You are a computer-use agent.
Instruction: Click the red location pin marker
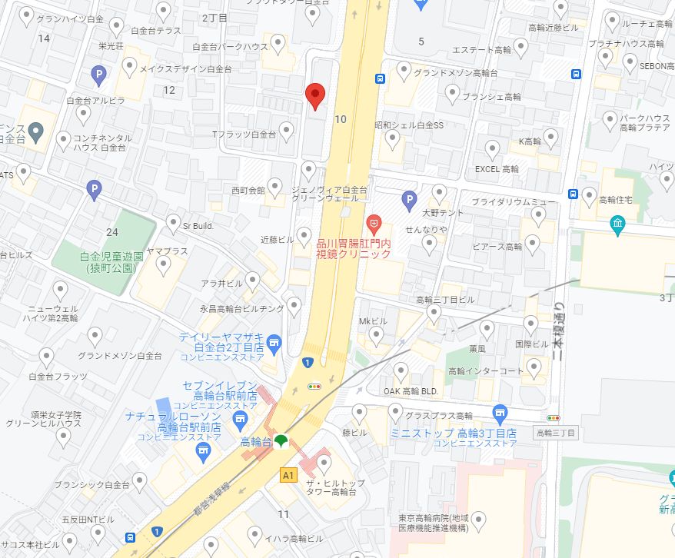(x=314, y=95)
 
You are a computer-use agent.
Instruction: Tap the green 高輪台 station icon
(x=281, y=441)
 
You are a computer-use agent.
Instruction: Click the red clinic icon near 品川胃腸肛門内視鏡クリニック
(x=374, y=225)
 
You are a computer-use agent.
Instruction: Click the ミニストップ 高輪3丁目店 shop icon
(x=500, y=415)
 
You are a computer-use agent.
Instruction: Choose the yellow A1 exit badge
(x=289, y=474)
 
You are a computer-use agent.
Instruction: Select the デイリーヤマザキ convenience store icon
(x=274, y=341)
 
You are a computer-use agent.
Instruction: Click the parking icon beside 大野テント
(x=410, y=201)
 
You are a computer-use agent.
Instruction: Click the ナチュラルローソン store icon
(x=203, y=453)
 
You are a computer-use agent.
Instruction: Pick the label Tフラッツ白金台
(x=244, y=135)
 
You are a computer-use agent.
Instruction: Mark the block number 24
(x=112, y=231)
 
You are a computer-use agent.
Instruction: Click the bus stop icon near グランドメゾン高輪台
(x=380, y=78)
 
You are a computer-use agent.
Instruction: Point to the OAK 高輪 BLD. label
(x=411, y=391)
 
